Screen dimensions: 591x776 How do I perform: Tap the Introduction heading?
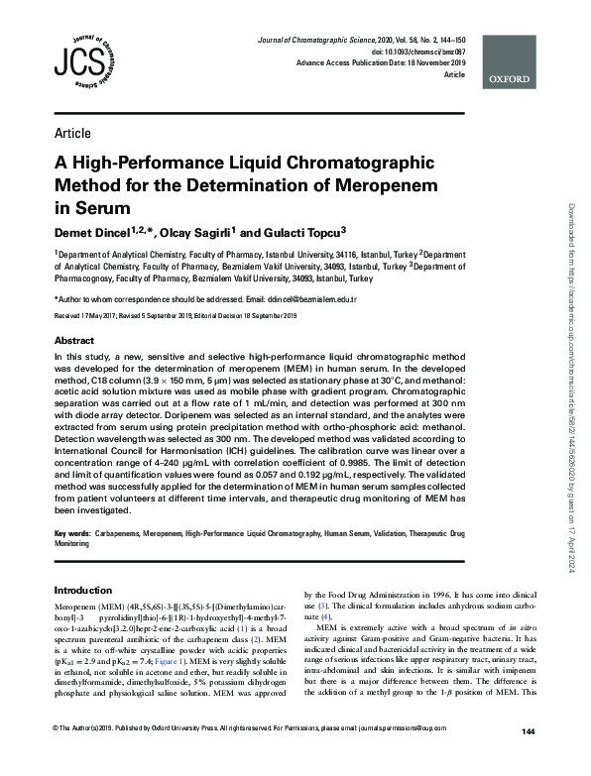84,591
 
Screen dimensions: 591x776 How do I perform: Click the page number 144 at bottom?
528,759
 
